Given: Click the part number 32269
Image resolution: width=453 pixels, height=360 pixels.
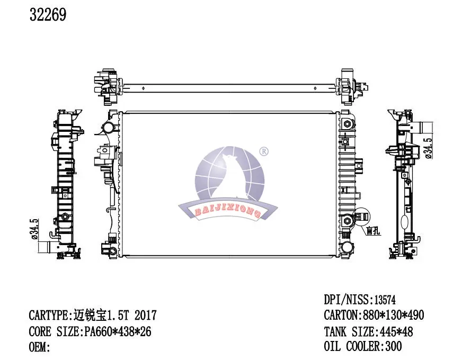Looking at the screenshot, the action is [x=48, y=15].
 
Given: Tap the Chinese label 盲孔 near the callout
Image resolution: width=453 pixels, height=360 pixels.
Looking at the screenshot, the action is [x=374, y=231].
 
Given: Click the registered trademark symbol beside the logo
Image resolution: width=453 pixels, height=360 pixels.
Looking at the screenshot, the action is [x=264, y=151].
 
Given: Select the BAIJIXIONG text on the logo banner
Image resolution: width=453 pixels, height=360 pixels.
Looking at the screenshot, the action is [x=228, y=212].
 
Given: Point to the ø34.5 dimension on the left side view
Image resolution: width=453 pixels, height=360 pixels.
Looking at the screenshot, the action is [x=34, y=229].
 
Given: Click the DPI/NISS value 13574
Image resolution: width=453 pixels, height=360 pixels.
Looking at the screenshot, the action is [x=385, y=300].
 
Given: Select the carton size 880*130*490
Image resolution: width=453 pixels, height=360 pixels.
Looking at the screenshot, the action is [x=392, y=315].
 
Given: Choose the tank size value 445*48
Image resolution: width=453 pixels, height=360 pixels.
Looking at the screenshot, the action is [x=395, y=331].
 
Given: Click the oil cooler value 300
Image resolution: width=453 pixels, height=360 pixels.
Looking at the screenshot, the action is [x=394, y=346].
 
